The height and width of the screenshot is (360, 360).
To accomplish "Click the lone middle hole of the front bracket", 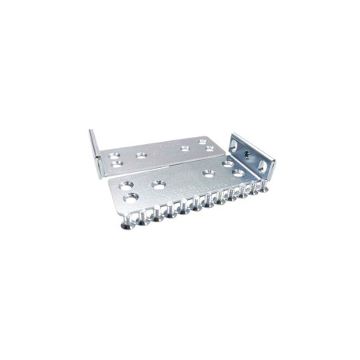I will pos(157,183).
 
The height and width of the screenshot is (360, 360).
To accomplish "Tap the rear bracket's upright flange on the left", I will pos(93,147).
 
